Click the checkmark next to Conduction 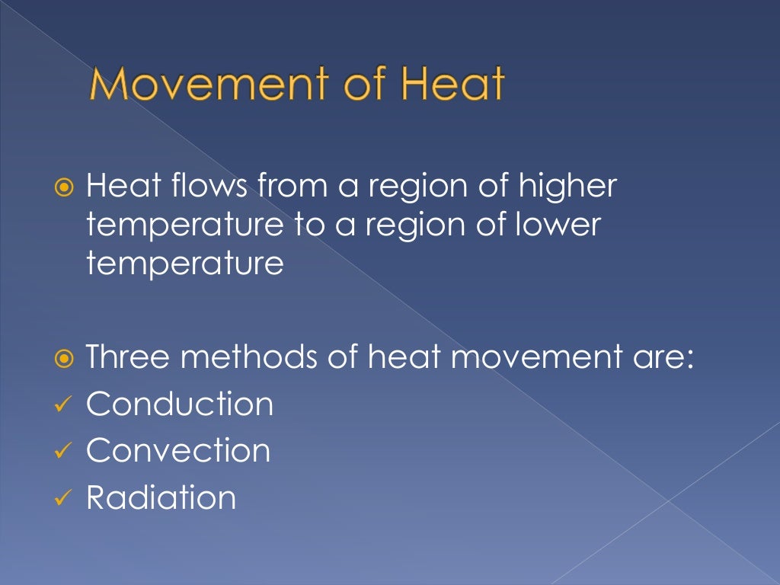[63, 405]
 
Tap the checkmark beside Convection [63, 452]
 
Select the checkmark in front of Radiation [63, 499]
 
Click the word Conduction [179, 404]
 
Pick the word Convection [178, 450]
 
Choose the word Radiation [161, 497]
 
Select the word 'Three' [130, 356]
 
